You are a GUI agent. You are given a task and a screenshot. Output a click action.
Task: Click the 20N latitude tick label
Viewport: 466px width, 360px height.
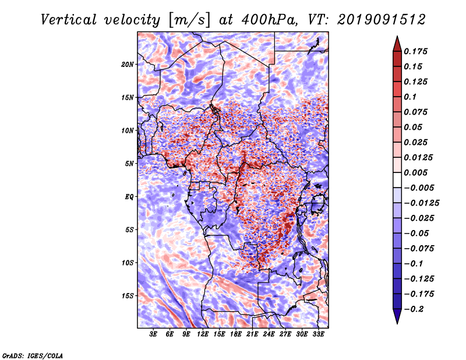point(128,64)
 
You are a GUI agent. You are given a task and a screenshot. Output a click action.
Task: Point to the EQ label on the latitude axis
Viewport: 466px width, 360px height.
point(129,196)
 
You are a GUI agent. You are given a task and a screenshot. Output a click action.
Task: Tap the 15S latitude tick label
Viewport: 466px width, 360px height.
point(128,295)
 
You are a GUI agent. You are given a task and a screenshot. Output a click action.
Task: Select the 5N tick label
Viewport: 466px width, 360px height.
point(129,163)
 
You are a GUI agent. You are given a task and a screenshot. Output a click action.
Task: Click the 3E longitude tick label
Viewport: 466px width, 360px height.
point(154,334)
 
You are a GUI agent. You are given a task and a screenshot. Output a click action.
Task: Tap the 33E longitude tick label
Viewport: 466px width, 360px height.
point(319,334)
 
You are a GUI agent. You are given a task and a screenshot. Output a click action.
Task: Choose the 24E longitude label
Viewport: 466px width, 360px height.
point(269,334)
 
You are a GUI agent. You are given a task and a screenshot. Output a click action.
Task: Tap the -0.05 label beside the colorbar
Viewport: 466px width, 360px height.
point(421,233)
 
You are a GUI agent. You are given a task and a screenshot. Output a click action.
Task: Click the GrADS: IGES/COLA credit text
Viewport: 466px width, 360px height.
point(33,355)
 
